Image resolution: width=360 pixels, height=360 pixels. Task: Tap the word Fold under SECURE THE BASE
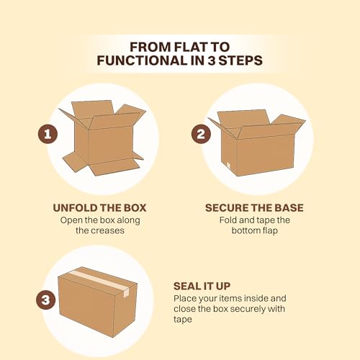coord(230,220)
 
